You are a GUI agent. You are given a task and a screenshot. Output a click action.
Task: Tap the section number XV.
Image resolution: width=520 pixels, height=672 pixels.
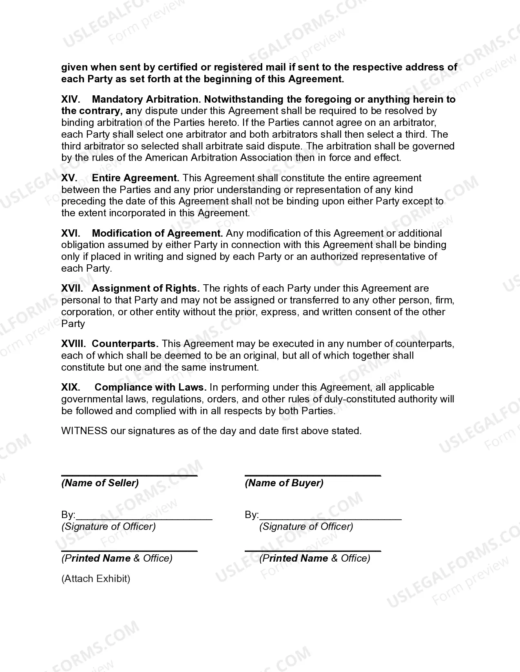(69, 178)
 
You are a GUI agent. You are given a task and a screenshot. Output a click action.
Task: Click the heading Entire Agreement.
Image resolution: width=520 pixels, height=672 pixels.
(136, 178)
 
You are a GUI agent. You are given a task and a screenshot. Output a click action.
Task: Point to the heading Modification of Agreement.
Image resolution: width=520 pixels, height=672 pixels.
(157, 233)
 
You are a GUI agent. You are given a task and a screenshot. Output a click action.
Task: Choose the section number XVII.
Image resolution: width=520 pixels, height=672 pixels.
(72, 288)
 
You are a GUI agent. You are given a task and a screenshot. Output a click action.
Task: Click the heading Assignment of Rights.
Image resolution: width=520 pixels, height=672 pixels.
(146, 288)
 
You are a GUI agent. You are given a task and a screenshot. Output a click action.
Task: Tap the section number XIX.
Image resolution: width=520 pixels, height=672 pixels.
(71, 387)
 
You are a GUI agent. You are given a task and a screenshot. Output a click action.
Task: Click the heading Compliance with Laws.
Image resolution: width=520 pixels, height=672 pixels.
(150, 387)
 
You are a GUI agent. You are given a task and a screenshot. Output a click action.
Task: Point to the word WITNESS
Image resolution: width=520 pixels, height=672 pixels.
(84, 431)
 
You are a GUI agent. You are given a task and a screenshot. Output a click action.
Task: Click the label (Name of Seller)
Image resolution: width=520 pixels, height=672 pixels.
(100, 483)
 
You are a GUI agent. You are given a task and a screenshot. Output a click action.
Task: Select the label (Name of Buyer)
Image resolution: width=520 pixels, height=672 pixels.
(284, 483)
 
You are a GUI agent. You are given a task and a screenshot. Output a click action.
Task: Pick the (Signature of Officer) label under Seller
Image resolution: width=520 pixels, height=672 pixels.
(108, 527)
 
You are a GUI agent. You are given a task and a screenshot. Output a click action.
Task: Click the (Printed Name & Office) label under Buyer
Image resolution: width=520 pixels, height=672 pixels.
(314, 558)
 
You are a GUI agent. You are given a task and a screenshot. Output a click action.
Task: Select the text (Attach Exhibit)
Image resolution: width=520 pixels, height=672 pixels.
(96, 579)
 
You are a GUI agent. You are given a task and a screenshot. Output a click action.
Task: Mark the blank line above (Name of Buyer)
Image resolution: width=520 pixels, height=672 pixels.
(313, 474)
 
